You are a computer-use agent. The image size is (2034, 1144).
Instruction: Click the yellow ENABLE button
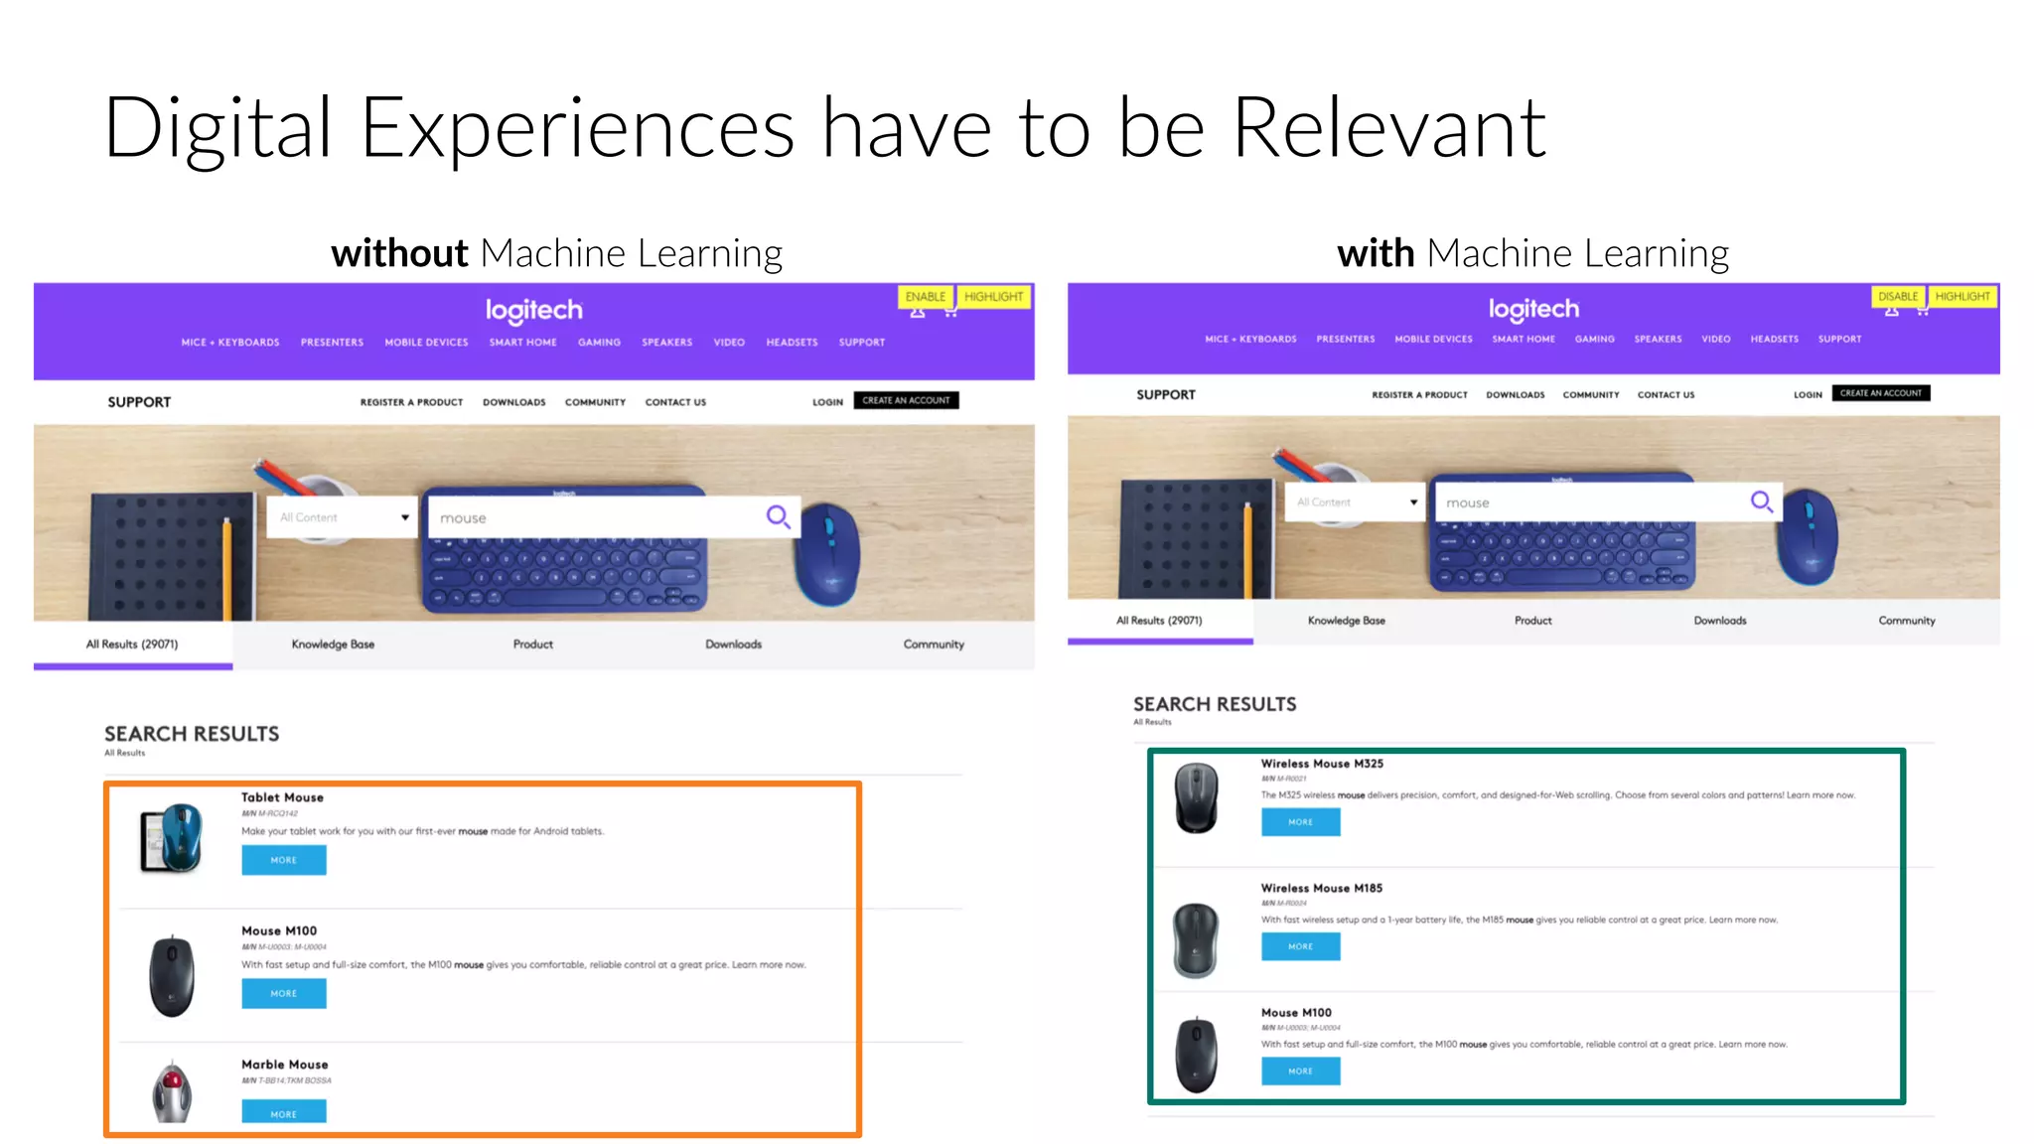tap(926, 297)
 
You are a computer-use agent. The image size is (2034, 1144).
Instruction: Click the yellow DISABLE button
tap(1897, 296)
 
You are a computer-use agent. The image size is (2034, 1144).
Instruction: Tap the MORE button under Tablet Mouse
tap(284, 860)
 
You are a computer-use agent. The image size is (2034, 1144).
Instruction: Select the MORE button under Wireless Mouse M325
tap(1300, 822)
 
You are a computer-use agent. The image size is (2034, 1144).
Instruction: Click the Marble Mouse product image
tap(173, 1091)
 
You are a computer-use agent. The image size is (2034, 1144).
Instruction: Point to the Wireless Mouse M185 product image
tap(1196, 939)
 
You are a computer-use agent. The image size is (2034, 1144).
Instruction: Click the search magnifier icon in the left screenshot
tap(778, 516)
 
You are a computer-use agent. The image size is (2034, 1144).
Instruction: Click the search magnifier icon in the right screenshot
tap(1761, 501)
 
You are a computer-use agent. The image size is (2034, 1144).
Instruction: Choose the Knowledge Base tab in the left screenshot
tap(333, 644)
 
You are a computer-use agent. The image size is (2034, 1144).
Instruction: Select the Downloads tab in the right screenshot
tap(1719, 621)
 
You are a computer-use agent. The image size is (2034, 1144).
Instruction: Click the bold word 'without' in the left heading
tap(399, 254)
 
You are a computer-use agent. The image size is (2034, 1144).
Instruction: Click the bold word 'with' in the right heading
tap(1376, 254)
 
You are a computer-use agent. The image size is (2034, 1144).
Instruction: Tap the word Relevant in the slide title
tap(1388, 129)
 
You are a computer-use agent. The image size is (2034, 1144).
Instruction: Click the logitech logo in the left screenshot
tap(534, 311)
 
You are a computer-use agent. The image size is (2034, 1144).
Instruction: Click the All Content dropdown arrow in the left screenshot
tap(405, 517)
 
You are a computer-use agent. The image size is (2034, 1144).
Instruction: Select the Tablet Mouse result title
tap(282, 797)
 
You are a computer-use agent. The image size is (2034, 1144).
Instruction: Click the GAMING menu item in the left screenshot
tap(599, 343)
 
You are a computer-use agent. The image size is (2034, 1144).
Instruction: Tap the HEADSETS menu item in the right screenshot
tap(1774, 340)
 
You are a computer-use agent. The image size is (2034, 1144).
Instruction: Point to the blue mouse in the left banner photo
tap(829, 552)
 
